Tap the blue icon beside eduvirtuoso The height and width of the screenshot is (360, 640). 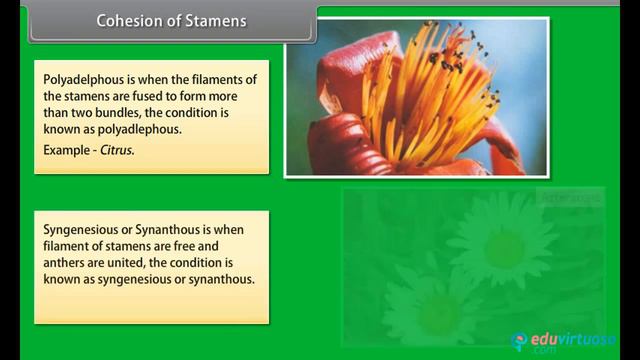tap(520, 341)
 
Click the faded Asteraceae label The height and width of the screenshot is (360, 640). tap(571, 198)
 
